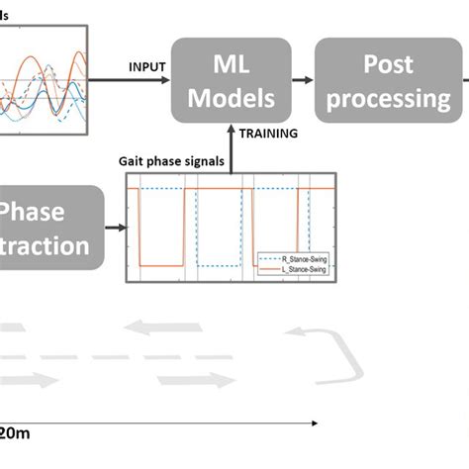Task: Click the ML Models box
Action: (x=232, y=80)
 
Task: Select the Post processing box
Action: (x=388, y=80)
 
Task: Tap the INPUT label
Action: (x=147, y=67)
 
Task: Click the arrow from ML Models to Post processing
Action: (x=305, y=82)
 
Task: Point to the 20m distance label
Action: (x=15, y=432)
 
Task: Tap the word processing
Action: (x=388, y=99)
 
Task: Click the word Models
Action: (x=232, y=99)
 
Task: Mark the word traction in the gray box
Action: (x=45, y=245)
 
